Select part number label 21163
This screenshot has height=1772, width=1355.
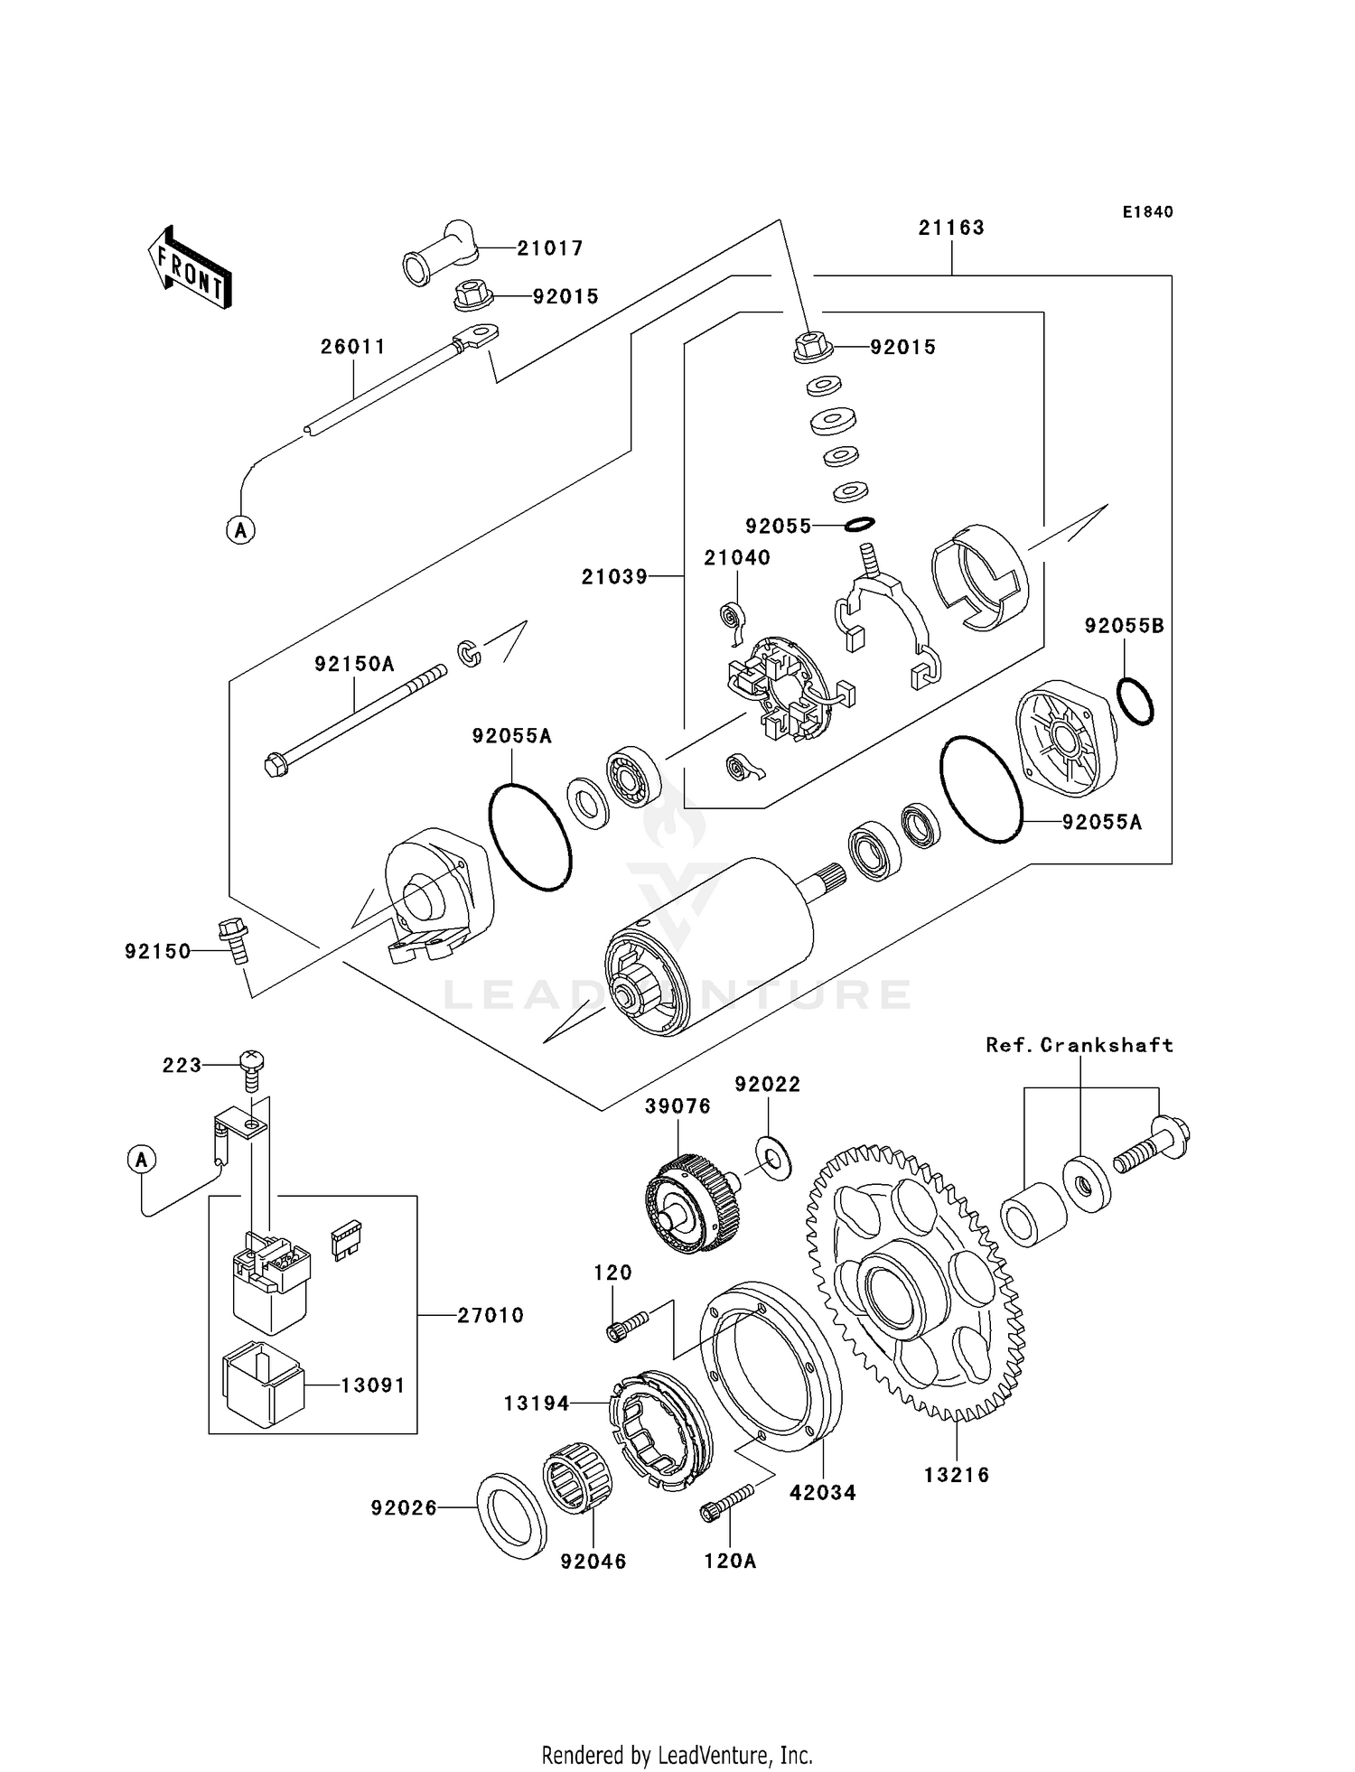(951, 228)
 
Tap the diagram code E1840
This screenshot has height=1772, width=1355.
(1147, 212)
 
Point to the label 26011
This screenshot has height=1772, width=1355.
(353, 347)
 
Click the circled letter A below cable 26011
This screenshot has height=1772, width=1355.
(240, 529)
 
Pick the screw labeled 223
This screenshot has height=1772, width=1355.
(251, 1069)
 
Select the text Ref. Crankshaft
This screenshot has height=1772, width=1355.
(1079, 1045)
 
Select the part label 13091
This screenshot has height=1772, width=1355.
(372, 1385)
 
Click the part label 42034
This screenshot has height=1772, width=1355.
(822, 1493)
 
